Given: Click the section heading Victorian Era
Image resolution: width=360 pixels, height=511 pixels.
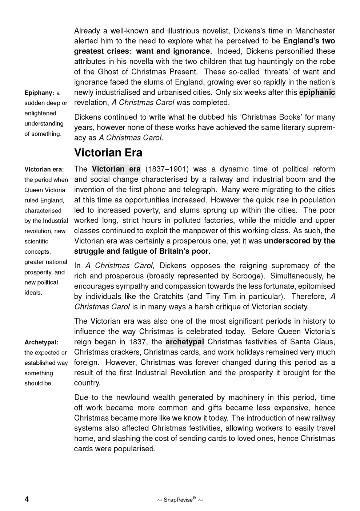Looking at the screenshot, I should point(108,152).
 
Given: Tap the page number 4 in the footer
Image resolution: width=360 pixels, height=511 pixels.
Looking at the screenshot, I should point(27,499).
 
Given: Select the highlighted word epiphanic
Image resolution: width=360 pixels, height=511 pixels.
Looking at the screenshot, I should point(317,92).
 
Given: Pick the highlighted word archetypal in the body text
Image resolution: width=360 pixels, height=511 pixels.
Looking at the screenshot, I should point(185,342).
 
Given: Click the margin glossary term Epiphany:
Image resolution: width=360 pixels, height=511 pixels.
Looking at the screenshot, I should point(39,93).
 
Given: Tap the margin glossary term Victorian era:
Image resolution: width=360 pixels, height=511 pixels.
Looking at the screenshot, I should point(44,169).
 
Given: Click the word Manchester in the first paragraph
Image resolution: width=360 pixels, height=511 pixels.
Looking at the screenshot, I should point(315,31).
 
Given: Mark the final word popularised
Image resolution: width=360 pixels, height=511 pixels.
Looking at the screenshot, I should point(135,449).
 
